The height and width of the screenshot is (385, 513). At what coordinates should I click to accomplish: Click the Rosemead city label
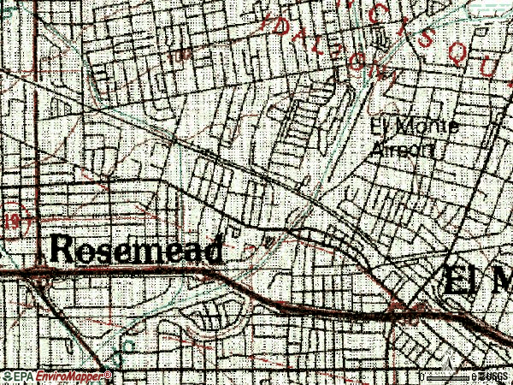point(138,249)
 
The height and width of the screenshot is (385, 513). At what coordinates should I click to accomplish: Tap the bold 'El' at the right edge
point(458,281)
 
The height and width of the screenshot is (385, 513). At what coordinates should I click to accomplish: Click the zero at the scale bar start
point(422,376)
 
